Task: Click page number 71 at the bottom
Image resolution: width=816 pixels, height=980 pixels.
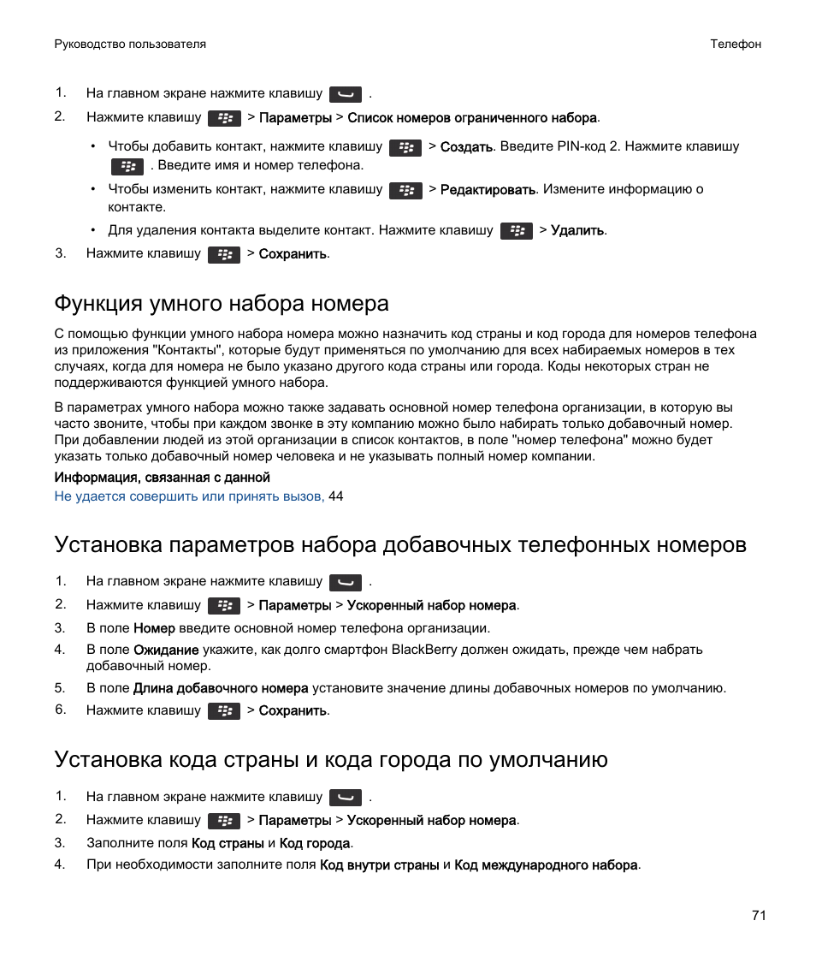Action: click(759, 916)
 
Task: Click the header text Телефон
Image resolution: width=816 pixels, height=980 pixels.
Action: click(735, 44)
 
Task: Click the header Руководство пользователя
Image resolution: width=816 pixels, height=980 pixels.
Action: click(130, 44)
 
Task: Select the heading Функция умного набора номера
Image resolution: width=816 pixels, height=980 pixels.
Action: click(222, 303)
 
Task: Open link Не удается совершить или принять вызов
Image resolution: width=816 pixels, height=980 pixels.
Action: click(189, 496)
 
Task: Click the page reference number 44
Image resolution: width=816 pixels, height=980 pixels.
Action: click(336, 496)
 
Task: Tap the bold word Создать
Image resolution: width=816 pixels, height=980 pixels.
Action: click(466, 147)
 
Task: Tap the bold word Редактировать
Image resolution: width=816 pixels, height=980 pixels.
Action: click(488, 190)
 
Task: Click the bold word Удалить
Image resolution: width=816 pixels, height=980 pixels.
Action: click(577, 230)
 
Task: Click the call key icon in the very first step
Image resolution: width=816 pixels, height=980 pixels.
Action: click(346, 95)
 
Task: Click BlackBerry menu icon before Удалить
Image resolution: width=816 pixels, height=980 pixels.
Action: click(517, 231)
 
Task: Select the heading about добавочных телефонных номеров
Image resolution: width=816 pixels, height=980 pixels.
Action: click(400, 544)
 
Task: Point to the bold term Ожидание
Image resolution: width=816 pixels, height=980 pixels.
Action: click(166, 650)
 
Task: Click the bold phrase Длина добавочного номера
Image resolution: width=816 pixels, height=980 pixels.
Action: click(221, 688)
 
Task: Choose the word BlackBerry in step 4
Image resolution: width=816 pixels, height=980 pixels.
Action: click(423, 650)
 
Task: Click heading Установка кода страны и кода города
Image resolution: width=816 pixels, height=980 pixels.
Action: click(331, 759)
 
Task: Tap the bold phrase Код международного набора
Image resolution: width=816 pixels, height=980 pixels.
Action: click(546, 865)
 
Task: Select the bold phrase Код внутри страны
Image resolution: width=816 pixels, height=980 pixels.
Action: click(380, 865)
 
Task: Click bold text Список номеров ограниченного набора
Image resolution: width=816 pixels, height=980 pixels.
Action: click(472, 118)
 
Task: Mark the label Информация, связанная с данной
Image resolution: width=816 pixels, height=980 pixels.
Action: click(163, 478)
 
